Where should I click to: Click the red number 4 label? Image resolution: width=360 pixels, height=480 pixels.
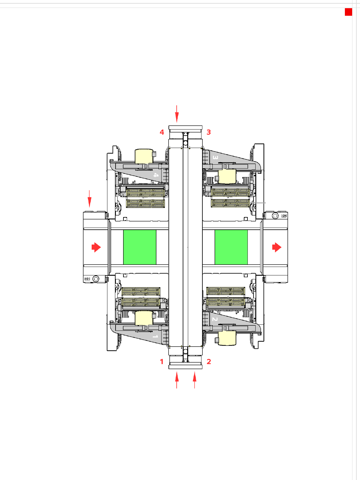162,132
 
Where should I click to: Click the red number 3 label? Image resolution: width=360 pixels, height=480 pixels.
209,132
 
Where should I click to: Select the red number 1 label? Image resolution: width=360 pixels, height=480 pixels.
162,361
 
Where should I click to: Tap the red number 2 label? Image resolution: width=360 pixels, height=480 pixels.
209,361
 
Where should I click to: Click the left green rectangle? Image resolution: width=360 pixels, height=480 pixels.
140,247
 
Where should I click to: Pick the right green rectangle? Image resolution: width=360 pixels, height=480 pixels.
231,247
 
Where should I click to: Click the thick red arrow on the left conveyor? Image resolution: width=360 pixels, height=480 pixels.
96,247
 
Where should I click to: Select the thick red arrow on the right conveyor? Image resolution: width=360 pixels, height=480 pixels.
277,247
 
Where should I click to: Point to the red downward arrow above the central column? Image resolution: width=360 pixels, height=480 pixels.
177,114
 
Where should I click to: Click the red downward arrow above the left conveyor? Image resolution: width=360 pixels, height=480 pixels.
90,199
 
